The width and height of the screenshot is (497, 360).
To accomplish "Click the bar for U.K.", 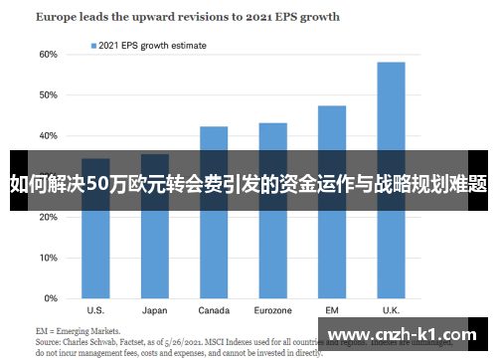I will click(391, 179).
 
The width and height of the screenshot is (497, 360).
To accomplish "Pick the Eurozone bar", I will click(272, 210).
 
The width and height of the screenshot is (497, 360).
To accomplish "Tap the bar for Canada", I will click(214, 212).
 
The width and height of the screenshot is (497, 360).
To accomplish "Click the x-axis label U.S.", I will click(96, 309).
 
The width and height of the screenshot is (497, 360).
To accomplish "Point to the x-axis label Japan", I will click(155, 309).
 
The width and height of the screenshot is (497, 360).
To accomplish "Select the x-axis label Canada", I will click(214, 309).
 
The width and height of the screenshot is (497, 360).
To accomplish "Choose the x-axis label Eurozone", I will click(272, 309).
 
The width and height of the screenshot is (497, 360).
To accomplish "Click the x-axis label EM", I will click(332, 309).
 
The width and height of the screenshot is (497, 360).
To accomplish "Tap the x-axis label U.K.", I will click(391, 309).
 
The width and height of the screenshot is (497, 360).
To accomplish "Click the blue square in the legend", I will click(94, 46).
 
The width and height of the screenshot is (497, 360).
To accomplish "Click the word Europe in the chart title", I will click(56, 17).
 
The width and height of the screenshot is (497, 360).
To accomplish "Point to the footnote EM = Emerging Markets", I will click(78, 330).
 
